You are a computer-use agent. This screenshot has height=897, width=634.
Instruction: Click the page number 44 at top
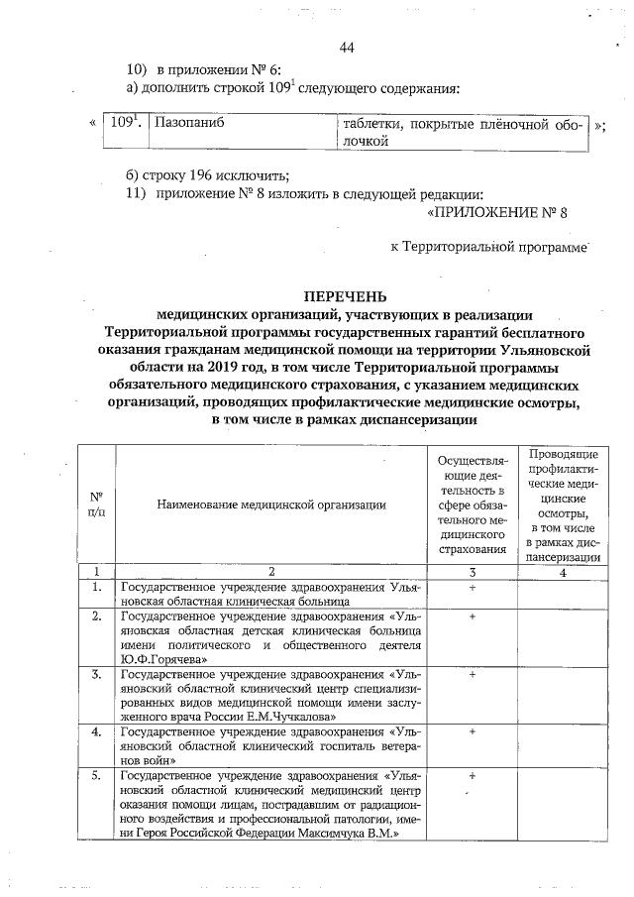pos(346,48)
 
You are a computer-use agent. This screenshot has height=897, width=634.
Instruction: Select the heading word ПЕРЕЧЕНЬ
pos(345,296)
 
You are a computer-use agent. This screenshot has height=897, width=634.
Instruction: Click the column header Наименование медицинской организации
pos(270,505)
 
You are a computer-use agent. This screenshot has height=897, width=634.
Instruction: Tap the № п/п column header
pos(97,504)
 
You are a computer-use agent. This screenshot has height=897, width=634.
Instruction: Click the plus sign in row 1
pos(473,589)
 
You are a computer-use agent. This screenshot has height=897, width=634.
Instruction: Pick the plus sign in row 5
pos(473,776)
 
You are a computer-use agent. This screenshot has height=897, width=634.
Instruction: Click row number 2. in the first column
pos(97,617)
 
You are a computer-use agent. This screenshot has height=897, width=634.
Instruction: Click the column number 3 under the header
pos(473,572)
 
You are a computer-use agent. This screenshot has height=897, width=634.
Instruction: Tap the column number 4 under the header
pos(562,572)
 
